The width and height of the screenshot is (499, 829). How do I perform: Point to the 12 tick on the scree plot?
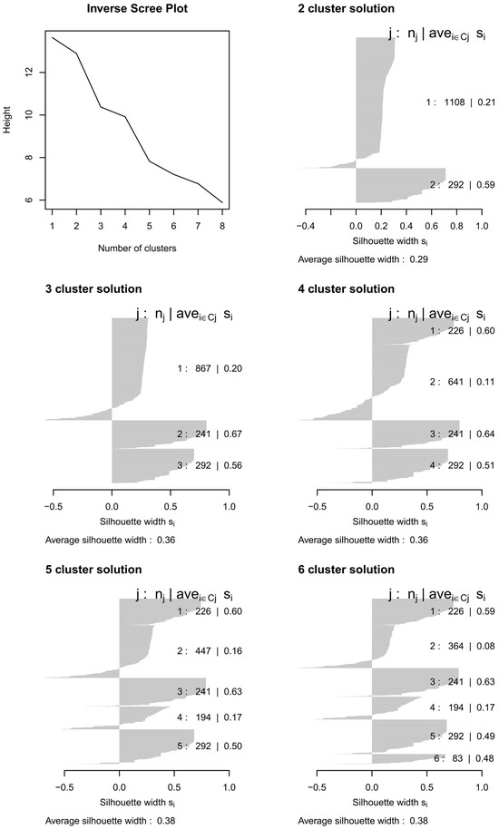(x=27, y=72)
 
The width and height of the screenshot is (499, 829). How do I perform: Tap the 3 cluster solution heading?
(x=94, y=289)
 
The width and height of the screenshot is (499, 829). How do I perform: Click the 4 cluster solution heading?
(x=347, y=289)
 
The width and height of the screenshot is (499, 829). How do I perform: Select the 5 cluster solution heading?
(x=94, y=570)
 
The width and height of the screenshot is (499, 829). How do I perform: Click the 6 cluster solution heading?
(x=347, y=570)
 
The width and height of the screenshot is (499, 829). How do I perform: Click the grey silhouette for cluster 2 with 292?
(x=399, y=185)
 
